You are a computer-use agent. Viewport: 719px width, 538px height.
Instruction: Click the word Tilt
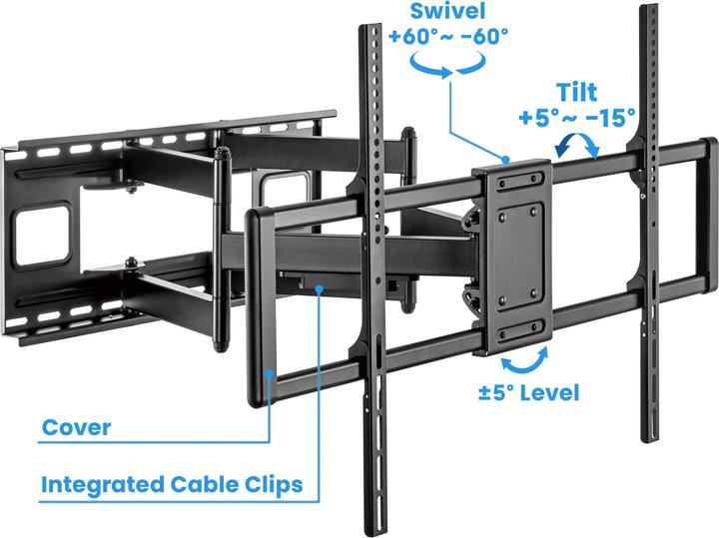(x=577, y=93)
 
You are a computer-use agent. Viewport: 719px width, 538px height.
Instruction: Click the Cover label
(x=76, y=429)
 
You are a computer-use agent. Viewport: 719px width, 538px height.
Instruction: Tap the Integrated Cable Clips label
(x=172, y=486)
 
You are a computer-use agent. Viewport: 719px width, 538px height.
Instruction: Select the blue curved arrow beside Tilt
(x=578, y=147)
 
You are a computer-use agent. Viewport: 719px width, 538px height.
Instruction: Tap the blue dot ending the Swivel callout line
(x=506, y=159)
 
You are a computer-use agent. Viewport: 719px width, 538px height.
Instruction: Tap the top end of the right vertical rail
(x=649, y=12)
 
